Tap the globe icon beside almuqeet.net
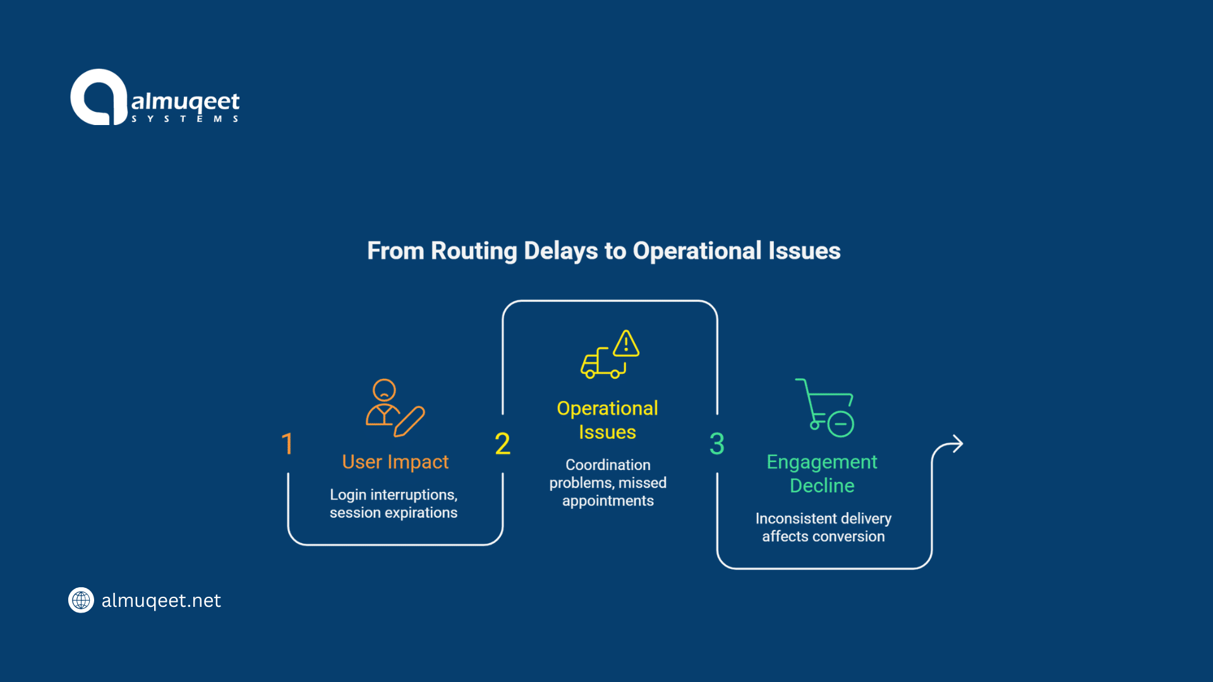coord(81,600)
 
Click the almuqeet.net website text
coord(161,601)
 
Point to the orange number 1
coord(287,444)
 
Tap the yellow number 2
coord(502,444)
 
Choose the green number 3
coord(716,444)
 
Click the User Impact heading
coord(395,462)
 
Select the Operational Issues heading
coord(607,420)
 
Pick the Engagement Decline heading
coord(822,474)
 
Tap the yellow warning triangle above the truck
coord(625,344)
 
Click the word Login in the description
coord(348,494)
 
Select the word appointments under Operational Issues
coord(608,501)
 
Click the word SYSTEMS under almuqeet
coord(184,119)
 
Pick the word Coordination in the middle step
coord(608,465)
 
